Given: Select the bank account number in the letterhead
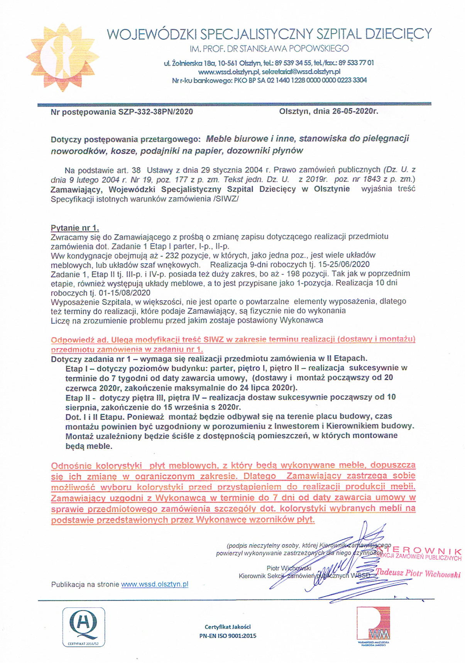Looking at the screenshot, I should click(313, 80).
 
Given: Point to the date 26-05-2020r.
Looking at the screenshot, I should click(355, 112).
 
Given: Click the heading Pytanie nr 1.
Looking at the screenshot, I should click(75, 228).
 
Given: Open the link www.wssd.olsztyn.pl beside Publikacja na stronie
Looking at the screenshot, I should click(154, 584).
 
